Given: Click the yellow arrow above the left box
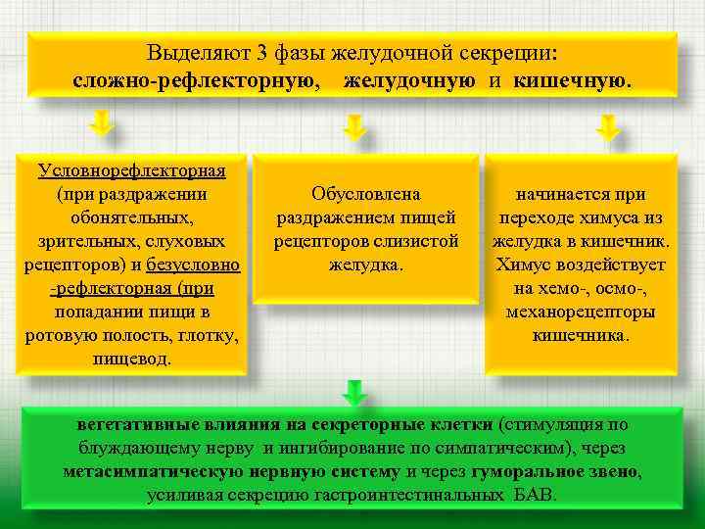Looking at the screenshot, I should pos(101,124).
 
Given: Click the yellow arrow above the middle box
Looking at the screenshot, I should pos(355,127).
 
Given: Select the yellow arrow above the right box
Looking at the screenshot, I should pos(608,127).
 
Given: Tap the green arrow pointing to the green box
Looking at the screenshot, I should pos(355,392).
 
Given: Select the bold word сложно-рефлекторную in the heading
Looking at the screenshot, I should pos(197,79).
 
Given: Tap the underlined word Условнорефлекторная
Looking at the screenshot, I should pos(132,170).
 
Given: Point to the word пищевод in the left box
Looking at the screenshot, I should pos(130,359).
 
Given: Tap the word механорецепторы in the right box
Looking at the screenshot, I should pos(581,312).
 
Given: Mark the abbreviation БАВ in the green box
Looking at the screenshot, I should pos(535,496).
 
